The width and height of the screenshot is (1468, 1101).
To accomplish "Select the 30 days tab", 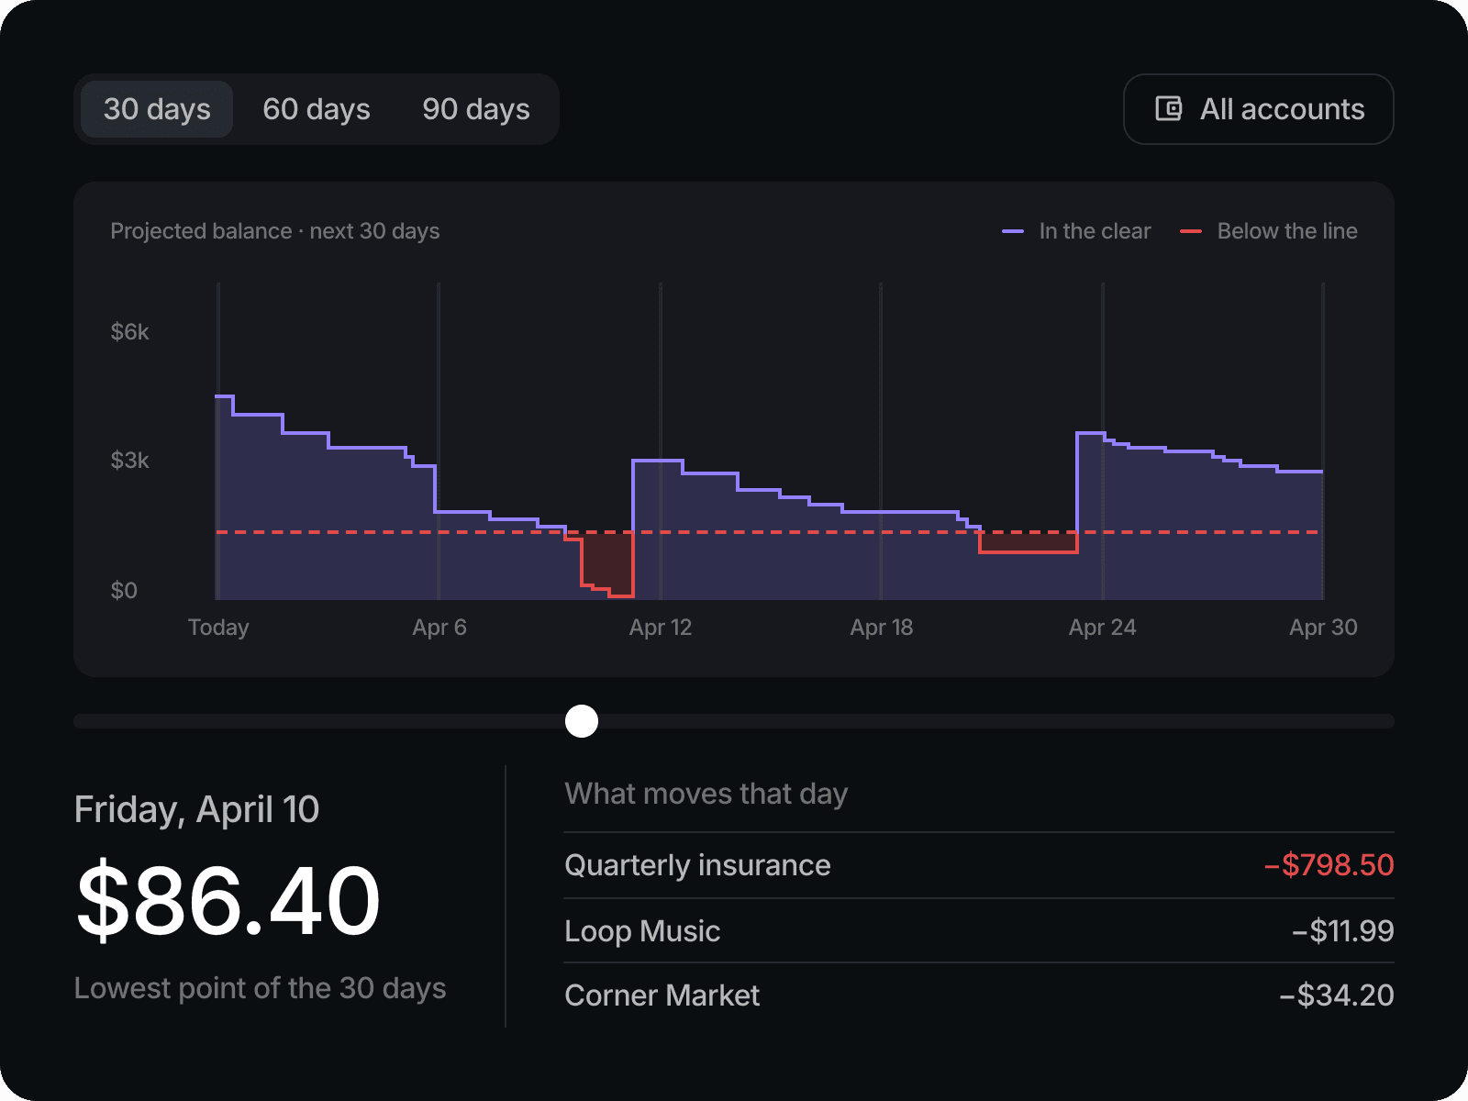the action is (x=157, y=109).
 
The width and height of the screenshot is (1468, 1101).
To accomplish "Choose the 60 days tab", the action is (x=317, y=109).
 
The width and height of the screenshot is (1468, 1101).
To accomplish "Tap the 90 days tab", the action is (x=475, y=109).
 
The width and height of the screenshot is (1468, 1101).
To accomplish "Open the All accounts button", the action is (x=1258, y=109).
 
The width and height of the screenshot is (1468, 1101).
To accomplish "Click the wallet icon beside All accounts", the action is (x=1168, y=109).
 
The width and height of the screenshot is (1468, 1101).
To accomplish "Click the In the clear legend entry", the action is (x=1076, y=231).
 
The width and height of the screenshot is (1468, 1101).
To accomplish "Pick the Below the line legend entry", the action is (x=1269, y=231).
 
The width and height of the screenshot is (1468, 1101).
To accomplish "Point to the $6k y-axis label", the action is (x=129, y=331).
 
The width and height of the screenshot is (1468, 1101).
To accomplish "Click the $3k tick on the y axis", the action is (x=129, y=461).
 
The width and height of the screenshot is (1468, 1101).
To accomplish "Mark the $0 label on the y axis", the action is (x=124, y=590).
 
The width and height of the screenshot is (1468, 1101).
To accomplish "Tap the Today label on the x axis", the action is (x=218, y=627).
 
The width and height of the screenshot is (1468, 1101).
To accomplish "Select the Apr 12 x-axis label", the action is (x=660, y=627).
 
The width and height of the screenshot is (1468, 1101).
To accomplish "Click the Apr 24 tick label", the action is (x=1102, y=627).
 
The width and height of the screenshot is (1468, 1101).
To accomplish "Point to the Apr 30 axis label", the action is (x=1323, y=627).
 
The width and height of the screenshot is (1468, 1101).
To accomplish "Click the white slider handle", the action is (x=581, y=720).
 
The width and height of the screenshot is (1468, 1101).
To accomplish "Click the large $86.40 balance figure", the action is (x=228, y=900).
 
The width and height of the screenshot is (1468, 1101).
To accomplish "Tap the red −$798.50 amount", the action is (x=1329, y=865).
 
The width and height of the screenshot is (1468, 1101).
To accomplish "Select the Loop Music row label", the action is (x=642, y=930).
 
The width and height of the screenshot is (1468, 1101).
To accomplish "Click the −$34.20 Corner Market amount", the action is (x=1336, y=995).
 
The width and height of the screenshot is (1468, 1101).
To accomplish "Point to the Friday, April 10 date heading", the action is (x=196, y=809).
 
